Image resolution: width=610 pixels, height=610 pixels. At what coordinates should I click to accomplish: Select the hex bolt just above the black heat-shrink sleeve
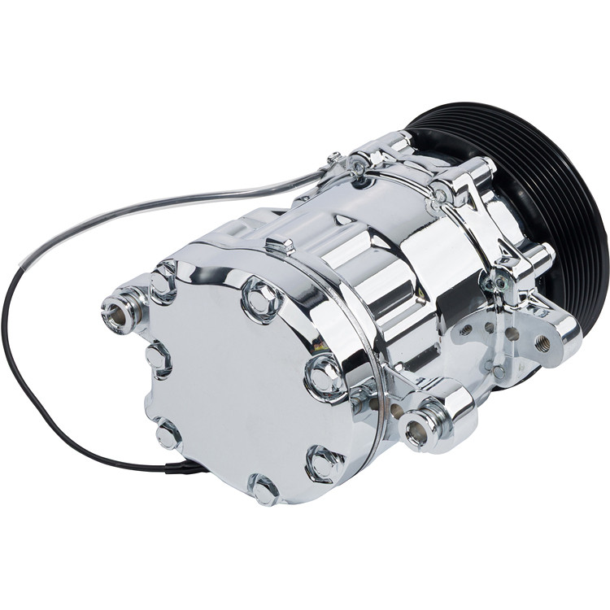pyautogui.click(x=168, y=434)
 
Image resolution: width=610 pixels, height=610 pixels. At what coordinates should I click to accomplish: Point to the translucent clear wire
pyautogui.click(x=163, y=203)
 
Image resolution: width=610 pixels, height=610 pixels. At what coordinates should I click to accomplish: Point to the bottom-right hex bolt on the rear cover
pyautogui.click(x=324, y=464)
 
